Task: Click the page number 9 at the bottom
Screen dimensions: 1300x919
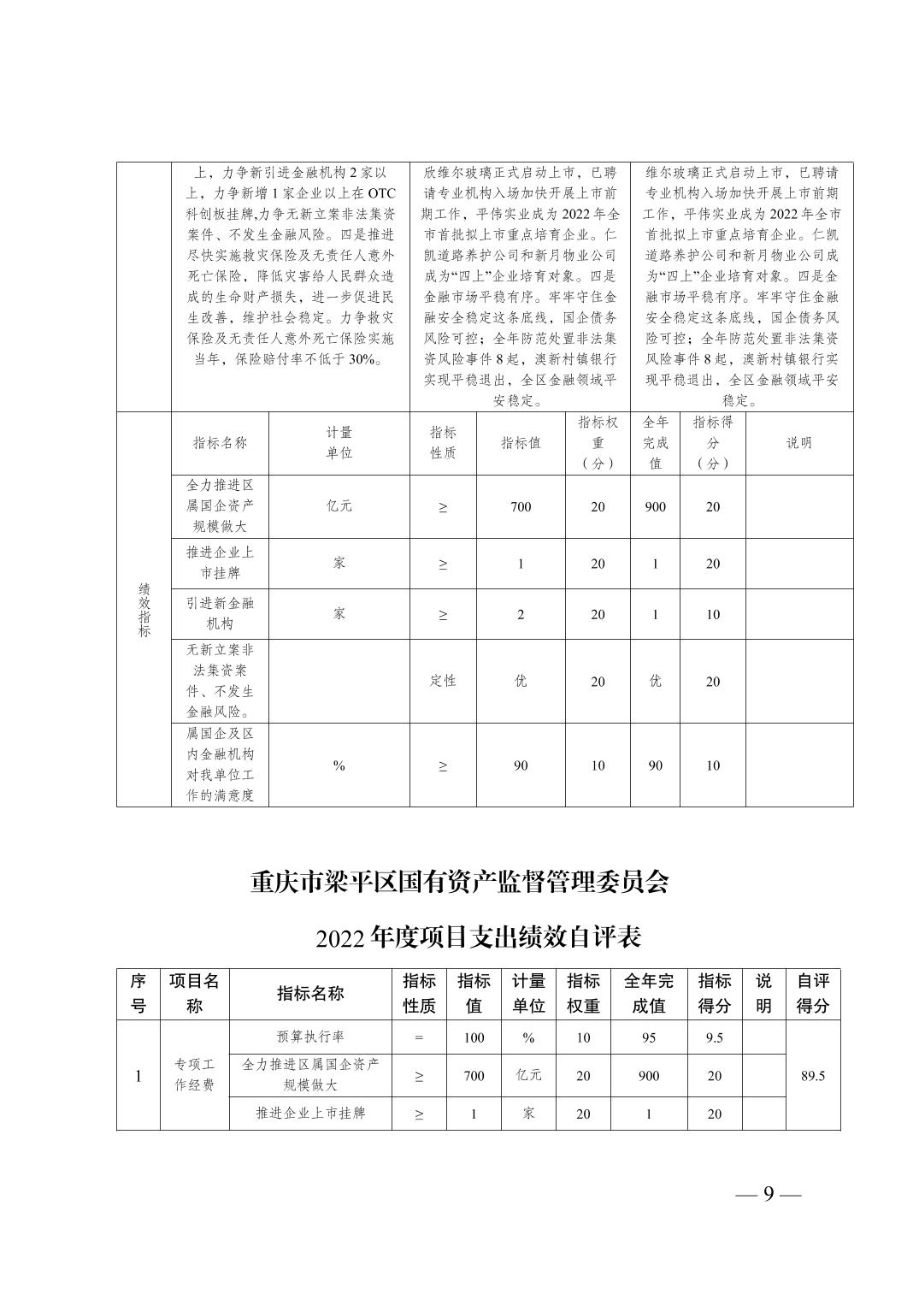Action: [768, 1194]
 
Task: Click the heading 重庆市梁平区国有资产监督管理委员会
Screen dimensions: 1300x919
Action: [459, 882]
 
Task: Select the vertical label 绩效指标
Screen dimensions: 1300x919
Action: [144, 610]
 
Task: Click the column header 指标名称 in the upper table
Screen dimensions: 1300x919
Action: [220, 443]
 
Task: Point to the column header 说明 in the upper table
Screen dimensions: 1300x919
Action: [798, 443]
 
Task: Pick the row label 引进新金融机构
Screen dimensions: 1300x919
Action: [220, 613]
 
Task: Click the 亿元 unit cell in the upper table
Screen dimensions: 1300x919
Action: [339, 506]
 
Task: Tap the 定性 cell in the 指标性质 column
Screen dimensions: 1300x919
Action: [443, 681]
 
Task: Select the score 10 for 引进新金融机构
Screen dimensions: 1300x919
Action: [712, 614]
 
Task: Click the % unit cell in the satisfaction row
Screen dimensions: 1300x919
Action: [339, 765]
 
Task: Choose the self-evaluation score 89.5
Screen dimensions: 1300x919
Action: [812, 1076]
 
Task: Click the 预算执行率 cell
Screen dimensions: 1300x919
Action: [309, 1037]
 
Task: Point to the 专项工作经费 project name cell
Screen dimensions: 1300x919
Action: [194, 1075]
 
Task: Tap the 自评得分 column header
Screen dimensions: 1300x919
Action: [812, 994]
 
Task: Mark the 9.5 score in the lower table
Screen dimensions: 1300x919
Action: [714, 1037]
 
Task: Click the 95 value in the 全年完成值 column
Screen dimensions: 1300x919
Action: [648, 1037]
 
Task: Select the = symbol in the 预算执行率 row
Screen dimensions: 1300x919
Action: [419, 1037]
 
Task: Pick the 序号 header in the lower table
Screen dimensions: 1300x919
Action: [138, 994]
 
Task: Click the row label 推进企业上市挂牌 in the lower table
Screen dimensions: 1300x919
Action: [309, 1114]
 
